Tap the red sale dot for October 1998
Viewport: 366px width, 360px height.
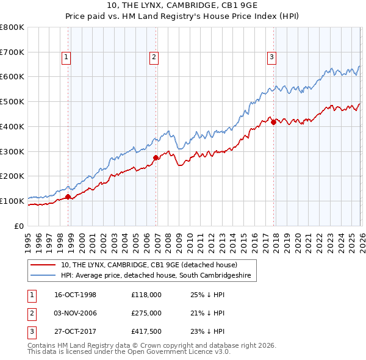(x=68, y=196)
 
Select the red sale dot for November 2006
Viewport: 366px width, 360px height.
(x=156, y=157)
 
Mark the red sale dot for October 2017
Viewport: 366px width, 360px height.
(x=273, y=122)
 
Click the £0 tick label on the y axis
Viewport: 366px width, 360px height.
(x=20, y=226)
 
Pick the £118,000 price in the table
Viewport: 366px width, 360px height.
(x=146, y=295)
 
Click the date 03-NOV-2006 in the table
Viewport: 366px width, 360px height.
(x=75, y=312)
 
